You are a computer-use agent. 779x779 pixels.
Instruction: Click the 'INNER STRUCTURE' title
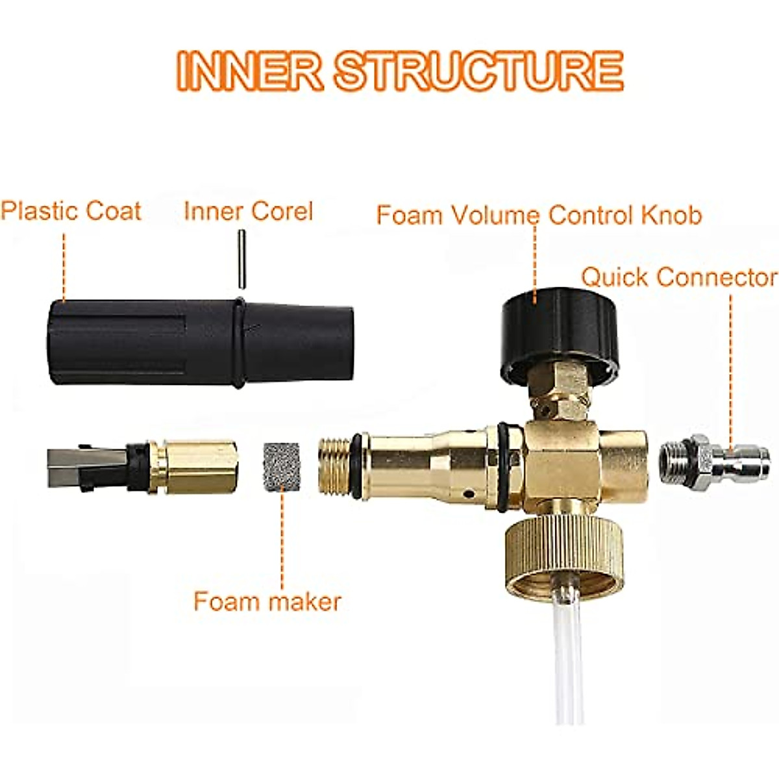[400, 71]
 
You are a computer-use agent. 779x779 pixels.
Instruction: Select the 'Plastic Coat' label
[71, 211]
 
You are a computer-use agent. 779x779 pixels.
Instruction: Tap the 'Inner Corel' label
[248, 211]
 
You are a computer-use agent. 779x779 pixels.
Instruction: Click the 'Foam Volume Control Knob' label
[539, 214]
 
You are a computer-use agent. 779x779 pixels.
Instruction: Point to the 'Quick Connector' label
[678, 277]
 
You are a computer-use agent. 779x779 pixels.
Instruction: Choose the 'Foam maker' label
[267, 601]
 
